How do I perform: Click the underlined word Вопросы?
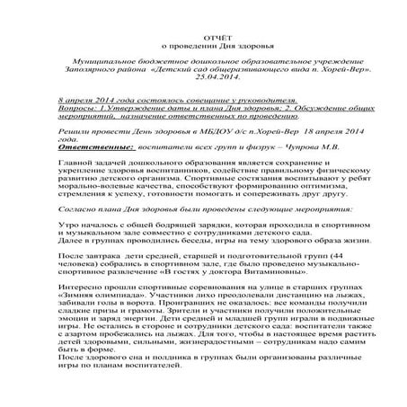point(75,107)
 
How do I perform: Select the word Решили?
point(73,131)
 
